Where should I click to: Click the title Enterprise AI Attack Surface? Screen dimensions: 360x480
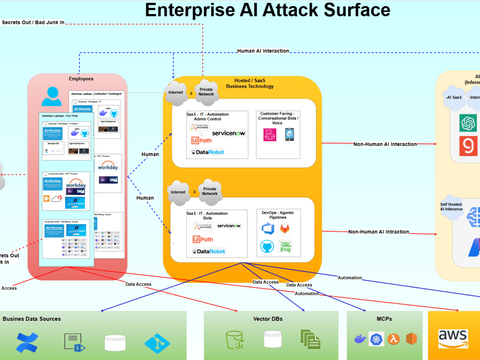click(267, 10)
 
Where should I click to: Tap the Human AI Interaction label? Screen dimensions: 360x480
click(263, 51)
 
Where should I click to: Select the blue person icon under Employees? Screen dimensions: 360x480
click(52, 96)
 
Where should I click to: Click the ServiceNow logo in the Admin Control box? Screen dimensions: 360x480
click(228, 133)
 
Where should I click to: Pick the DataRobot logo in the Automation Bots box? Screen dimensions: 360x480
click(208, 251)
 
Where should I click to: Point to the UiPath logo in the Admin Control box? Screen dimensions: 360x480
click(202, 140)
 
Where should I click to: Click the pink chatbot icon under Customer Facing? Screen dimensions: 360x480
click(270, 134)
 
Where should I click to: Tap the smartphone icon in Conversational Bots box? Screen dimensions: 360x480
click(289, 134)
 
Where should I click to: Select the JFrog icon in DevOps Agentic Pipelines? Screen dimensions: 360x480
click(285, 247)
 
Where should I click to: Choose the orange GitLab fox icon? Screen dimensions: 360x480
click(285, 228)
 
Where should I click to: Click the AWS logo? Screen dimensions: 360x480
click(453, 338)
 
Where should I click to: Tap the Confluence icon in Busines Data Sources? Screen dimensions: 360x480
click(27, 342)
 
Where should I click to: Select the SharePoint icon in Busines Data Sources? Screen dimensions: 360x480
click(74, 342)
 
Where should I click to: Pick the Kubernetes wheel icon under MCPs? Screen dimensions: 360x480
click(376, 339)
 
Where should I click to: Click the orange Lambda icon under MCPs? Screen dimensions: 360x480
click(394, 339)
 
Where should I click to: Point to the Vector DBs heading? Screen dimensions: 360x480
click(268, 319)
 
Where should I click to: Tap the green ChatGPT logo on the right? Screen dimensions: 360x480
click(468, 123)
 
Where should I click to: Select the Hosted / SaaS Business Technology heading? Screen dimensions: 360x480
click(250, 83)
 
